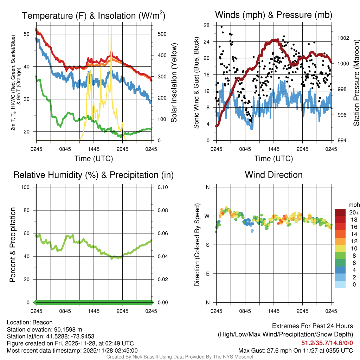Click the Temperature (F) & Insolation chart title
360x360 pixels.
point(94,15)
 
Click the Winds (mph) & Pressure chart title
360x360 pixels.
point(274,15)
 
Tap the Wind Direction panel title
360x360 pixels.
point(274,175)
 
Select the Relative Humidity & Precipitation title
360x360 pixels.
point(94,175)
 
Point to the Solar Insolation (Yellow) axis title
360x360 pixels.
point(174,83)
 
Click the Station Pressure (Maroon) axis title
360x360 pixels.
point(356,83)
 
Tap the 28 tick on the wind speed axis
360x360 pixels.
point(207,25)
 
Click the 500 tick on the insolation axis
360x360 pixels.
point(161,34)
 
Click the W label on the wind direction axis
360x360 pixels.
point(207,216)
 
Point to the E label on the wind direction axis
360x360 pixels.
point(207,274)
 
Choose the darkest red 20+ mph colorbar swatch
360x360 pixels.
point(340,212)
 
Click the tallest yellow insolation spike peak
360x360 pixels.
point(111,26)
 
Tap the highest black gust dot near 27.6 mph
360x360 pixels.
point(221,27)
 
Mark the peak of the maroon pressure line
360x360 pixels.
point(277,40)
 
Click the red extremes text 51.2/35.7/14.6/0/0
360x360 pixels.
point(327,343)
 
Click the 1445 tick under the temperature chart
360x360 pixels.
point(94,149)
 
